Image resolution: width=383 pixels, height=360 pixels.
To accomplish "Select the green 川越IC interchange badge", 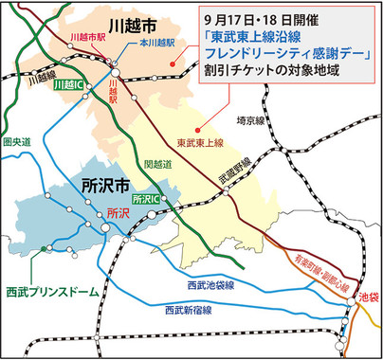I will [x=67, y=84].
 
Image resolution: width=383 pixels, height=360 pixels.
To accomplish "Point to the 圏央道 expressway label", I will [x=18, y=142].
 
